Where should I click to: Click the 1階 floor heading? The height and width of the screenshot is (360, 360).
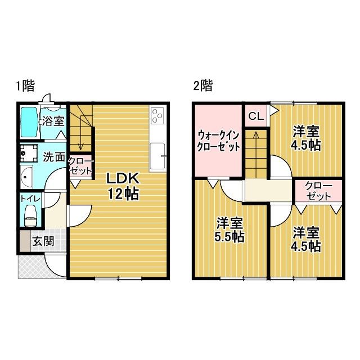tap(25, 86)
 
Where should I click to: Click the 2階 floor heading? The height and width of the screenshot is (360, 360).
tap(202, 86)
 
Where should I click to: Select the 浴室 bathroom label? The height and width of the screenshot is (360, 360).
tap(52, 121)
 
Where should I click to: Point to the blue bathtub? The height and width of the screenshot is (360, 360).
tap(29, 123)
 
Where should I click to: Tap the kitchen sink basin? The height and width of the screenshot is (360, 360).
tap(157, 153)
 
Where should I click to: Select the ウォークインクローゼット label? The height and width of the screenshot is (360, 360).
tap(218, 141)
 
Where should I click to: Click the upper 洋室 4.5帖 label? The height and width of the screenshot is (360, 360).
tap(307, 138)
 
